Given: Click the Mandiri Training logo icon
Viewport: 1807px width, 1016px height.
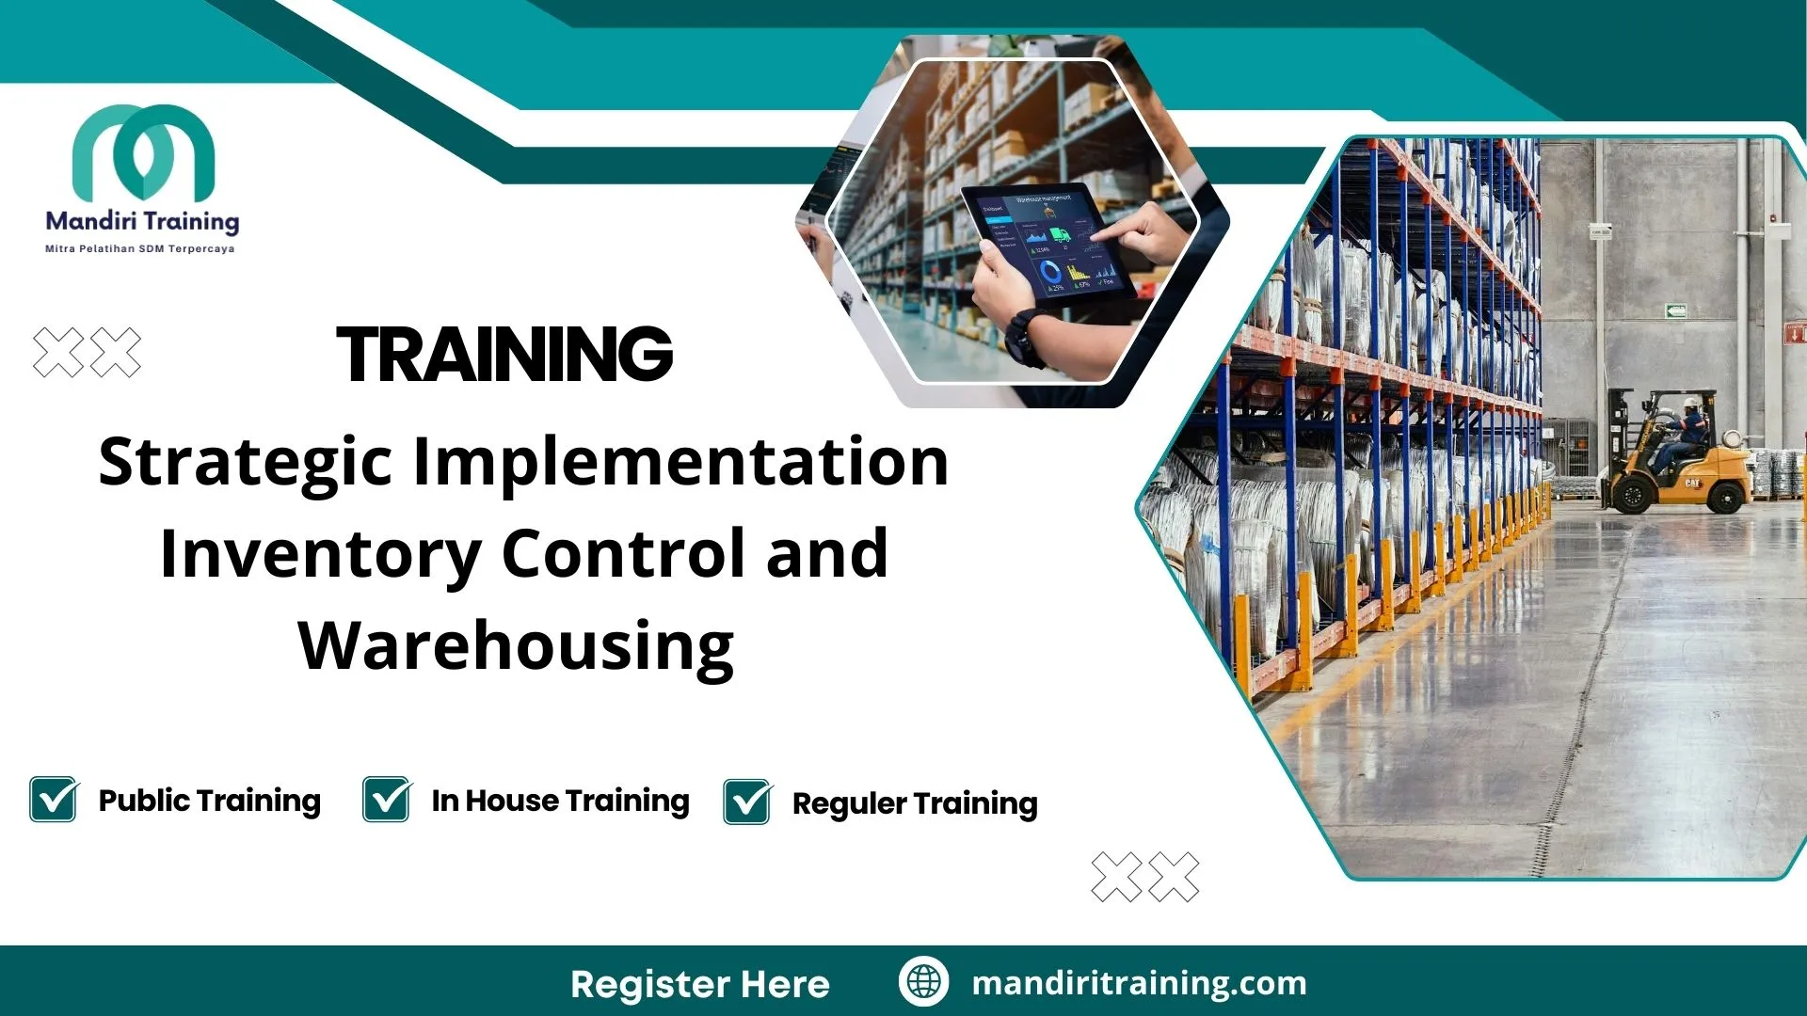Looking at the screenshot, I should coord(143,151).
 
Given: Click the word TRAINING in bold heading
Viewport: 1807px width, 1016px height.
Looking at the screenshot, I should coord(504,355).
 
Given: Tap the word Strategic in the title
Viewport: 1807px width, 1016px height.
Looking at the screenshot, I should coord(245,463).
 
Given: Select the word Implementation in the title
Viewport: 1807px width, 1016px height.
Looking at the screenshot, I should coord(680,463).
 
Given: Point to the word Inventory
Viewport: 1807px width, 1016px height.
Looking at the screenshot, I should coord(320,555).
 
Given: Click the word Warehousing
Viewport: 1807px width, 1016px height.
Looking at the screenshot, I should coord(516,647).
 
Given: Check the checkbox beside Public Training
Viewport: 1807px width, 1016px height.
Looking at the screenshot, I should coord(54,800).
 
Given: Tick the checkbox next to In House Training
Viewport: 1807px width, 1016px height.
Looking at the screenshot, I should coord(387,800).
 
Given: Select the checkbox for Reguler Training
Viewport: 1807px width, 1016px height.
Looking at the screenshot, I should coord(747,802).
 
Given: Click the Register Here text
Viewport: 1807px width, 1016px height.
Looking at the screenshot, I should coord(700,984).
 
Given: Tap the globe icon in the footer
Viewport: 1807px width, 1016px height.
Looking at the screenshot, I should coord(923,982).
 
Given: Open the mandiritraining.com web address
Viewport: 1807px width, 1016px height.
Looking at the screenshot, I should coord(1139,983).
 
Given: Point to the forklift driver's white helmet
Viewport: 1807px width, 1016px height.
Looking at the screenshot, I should coord(1691,403).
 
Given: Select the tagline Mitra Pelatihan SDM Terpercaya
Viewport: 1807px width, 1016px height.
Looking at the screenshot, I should coord(140,249).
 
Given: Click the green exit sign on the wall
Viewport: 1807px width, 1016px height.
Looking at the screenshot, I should coord(1674,310).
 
